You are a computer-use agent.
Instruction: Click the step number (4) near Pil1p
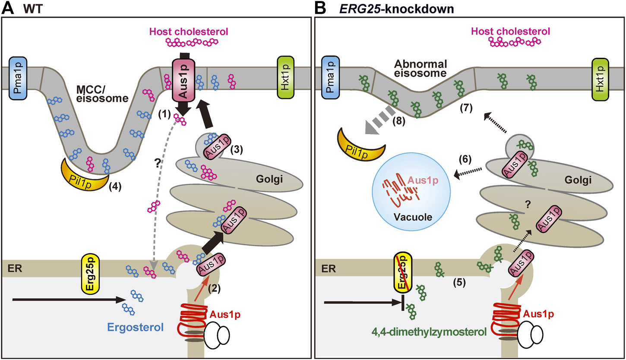click(x=116, y=187)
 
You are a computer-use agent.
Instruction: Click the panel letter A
click(x=8, y=8)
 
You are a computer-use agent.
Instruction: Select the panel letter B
click(x=321, y=8)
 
